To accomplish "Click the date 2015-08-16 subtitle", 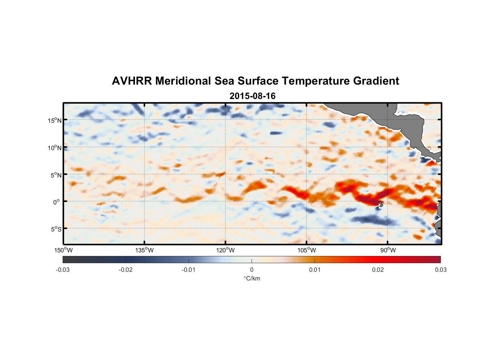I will [252, 96].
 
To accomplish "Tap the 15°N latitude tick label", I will [55, 120].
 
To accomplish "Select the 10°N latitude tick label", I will [55, 148].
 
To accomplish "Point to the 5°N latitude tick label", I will [56, 175].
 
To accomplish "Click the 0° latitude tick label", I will [57, 202].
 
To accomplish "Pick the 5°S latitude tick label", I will [56, 229].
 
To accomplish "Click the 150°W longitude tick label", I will [64, 250].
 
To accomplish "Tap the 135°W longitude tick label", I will [145, 250].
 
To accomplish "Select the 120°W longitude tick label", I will [226, 250].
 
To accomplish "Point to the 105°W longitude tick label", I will [307, 250].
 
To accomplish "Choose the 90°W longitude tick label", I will [388, 250].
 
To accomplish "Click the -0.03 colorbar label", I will [63, 270].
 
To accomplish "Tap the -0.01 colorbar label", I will [189, 270].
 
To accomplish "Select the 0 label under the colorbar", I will [252, 270].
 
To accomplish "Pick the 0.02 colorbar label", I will [378, 270].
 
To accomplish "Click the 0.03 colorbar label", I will [440, 270].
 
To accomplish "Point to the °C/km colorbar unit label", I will [252, 278].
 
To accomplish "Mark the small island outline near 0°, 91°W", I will [381, 204].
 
